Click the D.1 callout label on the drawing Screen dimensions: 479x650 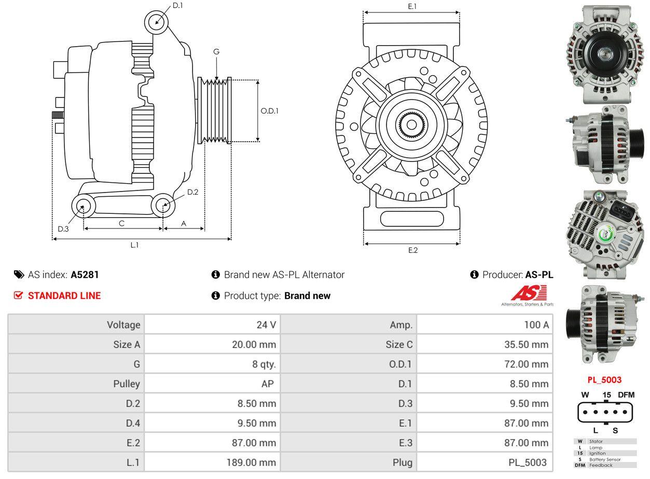tap(177, 5)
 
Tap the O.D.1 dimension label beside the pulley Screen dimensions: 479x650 tap(269, 111)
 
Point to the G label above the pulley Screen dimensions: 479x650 tap(216, 51)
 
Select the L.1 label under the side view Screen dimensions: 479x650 tap(134, 245)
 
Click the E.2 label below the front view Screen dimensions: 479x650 tap(412, 250)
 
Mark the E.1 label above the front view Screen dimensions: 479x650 tap(412, 6)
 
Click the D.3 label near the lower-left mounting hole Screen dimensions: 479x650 tap(63, 229)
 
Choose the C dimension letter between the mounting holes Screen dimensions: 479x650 tap(121, 223)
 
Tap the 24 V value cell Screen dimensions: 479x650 tap(266, 325)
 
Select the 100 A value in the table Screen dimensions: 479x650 tap(536, 325)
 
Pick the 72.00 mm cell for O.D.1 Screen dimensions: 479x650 tap(526, 364)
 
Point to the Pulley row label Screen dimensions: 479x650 tap(127, 384)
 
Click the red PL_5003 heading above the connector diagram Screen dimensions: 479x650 tap(604, 380)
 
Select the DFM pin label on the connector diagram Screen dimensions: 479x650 tap(626, 395)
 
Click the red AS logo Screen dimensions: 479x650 tap(528, 294)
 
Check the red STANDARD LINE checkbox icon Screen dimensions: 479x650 tap(18, 296)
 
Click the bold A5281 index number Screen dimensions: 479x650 tap(85, 275)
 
